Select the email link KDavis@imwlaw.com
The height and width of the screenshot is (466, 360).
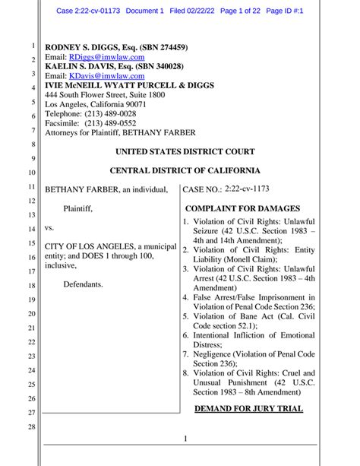pyautogui.click(x=106, y=76)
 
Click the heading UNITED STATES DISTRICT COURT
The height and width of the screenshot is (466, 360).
pyautogui.click(x=185, y=151)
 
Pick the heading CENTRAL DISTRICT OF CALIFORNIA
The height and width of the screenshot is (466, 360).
pyautogui.click(x=185, y=170)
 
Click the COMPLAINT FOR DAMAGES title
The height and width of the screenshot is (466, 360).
pyautogui.click(x=242, y=208)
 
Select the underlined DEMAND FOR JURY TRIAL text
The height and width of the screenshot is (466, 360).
pyautogui.click(x=248, y=409)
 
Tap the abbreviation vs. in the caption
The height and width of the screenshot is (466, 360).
pyautogui.click(x=49, y=227)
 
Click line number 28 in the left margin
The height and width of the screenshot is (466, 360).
pyautogui.click(x=33, y=427)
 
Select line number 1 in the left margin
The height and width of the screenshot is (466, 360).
pyautogui.click(x=34, y=46)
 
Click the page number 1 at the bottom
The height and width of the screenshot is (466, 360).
pyautogui.click(x=185, y=439)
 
